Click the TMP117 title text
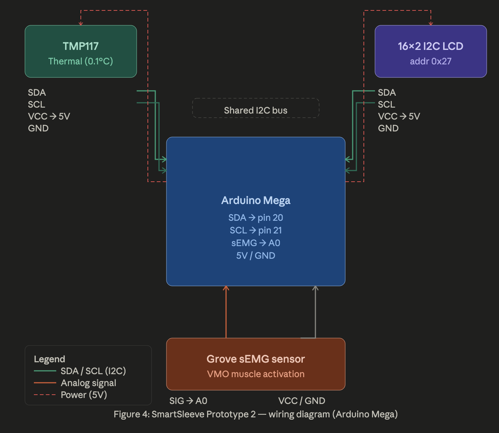[x=81, y=46]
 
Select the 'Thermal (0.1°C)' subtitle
[x=81, y=61]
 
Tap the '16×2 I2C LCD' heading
[x=430, y=46]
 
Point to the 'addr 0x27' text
[x=430, y=61]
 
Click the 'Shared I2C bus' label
[x=255, y=111]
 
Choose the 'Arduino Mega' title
[x=255, y=200]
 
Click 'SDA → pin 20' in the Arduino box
[x=255, y=217]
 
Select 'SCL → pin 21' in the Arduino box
[x=255, y=230]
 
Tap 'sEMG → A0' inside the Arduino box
[x=255, y=243]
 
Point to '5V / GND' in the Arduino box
[x=255, y=255]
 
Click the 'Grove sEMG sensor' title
[x=255, y=359]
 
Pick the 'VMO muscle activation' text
[x=255, y=374]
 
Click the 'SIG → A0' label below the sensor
[x=188, y=401]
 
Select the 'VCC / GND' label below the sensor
[x=302, y=401]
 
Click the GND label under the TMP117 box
[x=38, y=128]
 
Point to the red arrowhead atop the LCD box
[x=431, y=24]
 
